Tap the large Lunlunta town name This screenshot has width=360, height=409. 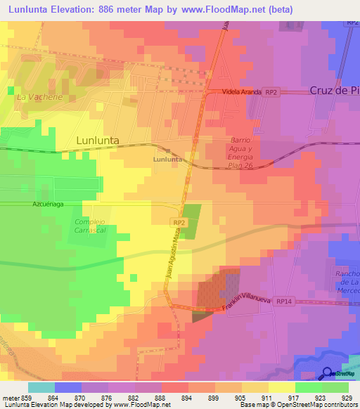[x=97, y=141]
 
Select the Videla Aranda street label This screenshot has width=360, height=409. [x=242, y=92]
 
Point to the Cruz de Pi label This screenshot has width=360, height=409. [x=334, y=91]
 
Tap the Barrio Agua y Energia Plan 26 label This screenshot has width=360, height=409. [x=240, y=153]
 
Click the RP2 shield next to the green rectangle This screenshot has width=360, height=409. [x=179, y=222]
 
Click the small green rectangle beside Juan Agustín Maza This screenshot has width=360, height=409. [x=191, y=219]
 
